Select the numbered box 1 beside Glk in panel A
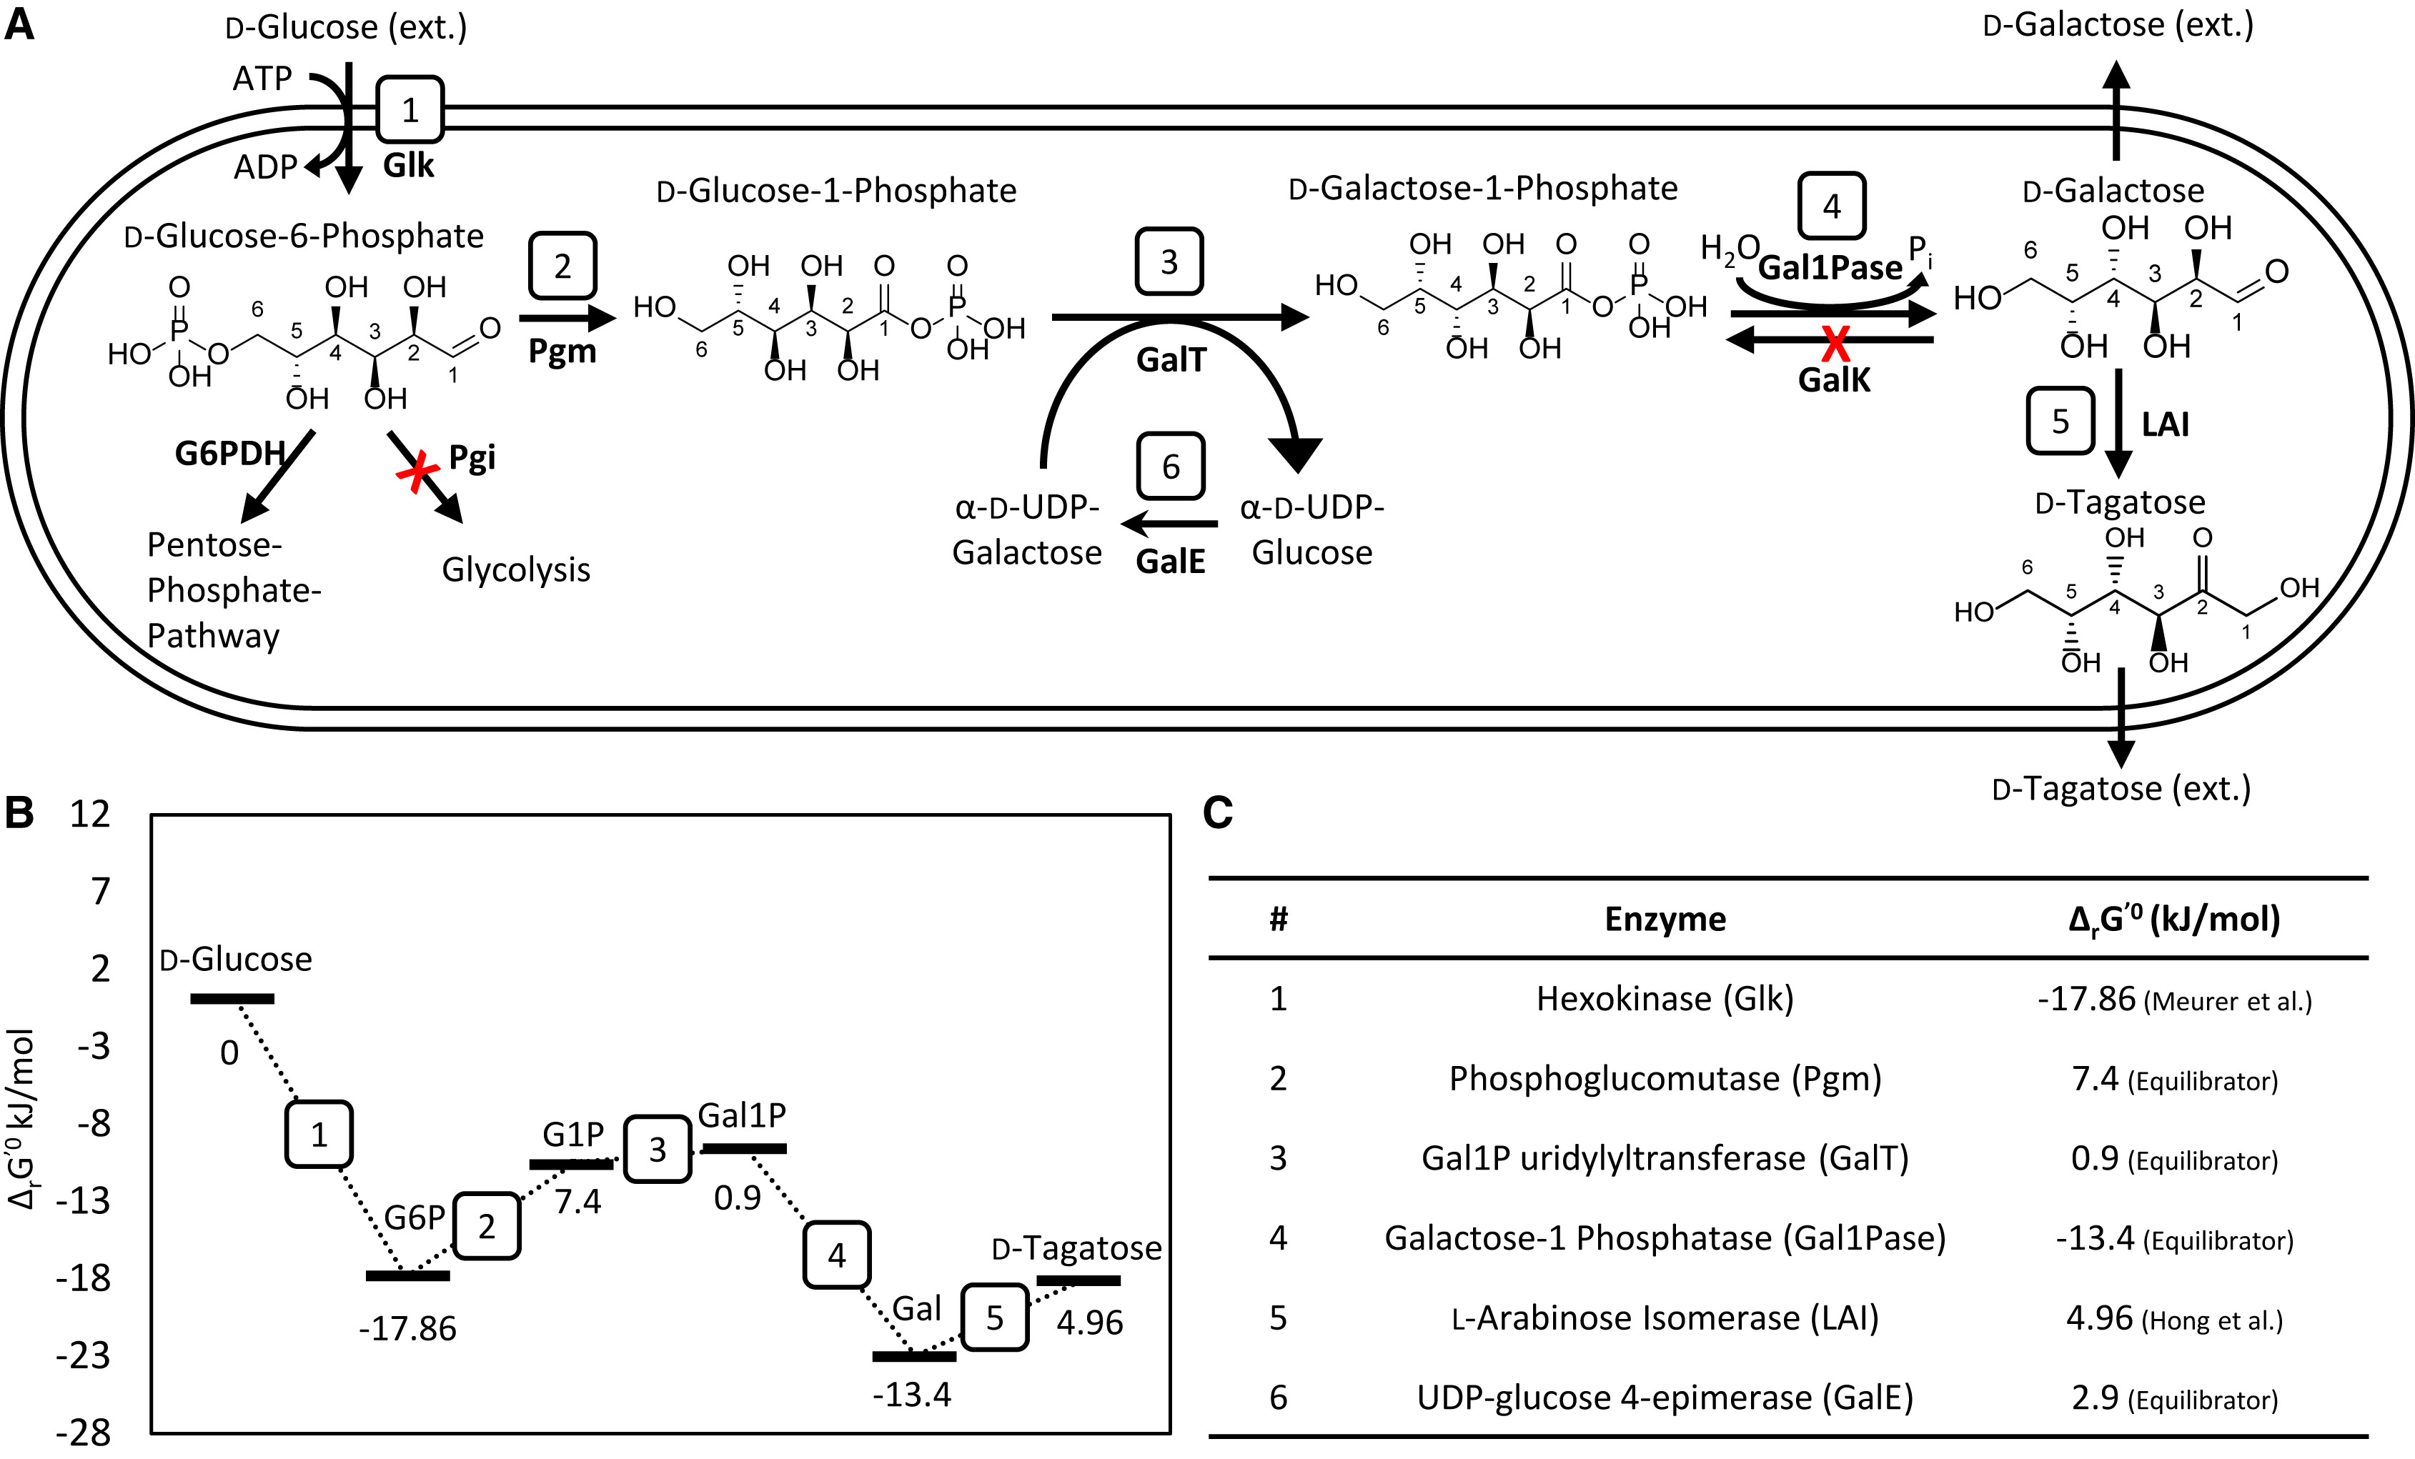pos(410,110)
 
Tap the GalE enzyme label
pos(1170,562)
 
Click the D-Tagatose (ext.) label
pos(2121,788)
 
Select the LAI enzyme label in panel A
pos(2165,424)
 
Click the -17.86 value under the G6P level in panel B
pos(407,1329)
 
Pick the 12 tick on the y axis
pos(89,813)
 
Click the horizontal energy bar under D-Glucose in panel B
pos(232,998)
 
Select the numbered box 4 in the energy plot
pos(836,1254)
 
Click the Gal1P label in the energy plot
pos(742,1115)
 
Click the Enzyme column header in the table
pos(1665,919)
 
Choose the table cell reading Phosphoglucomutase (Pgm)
pos(1665,1079)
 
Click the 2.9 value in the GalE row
pos(2096,1398)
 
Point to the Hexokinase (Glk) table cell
pos(1665,998)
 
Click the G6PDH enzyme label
pos(229,454)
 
